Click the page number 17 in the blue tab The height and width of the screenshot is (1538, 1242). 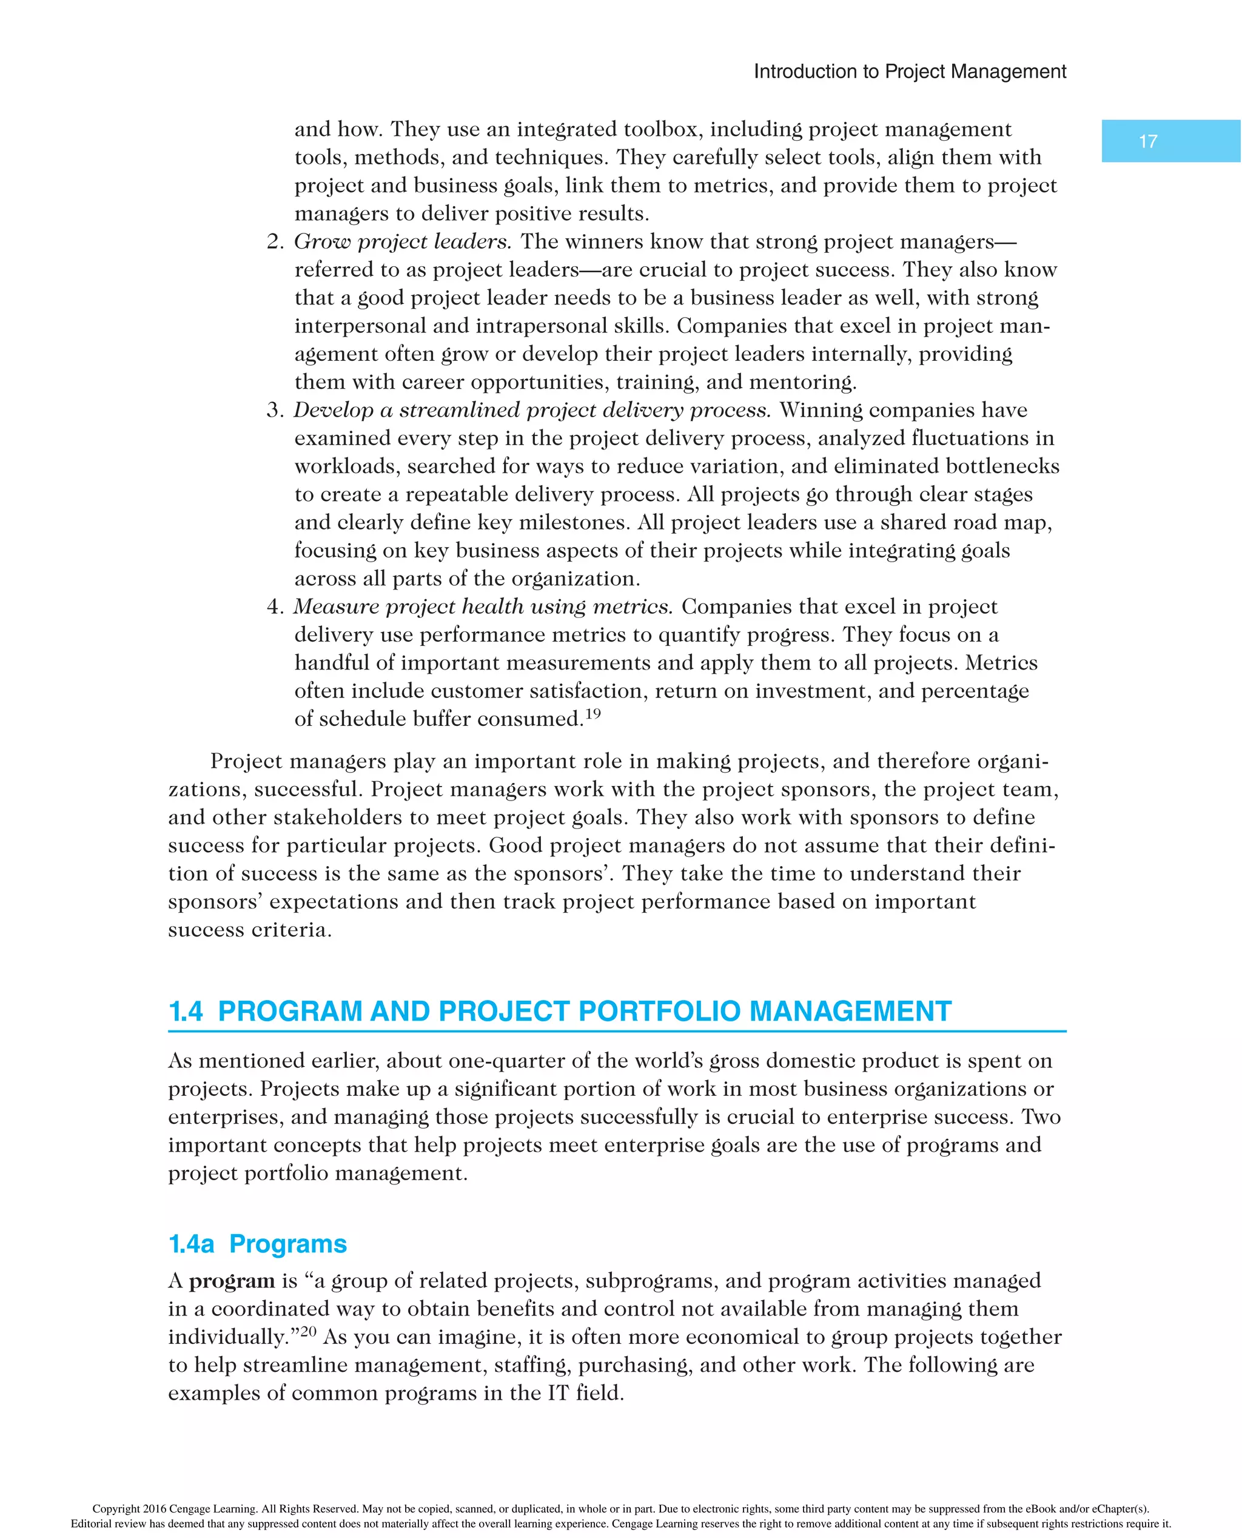1147,142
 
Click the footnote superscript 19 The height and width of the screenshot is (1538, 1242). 592,714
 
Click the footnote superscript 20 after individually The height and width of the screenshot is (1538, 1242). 307,1331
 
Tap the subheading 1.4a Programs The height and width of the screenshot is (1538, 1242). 258,1244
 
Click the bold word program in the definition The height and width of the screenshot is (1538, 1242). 231,1281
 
